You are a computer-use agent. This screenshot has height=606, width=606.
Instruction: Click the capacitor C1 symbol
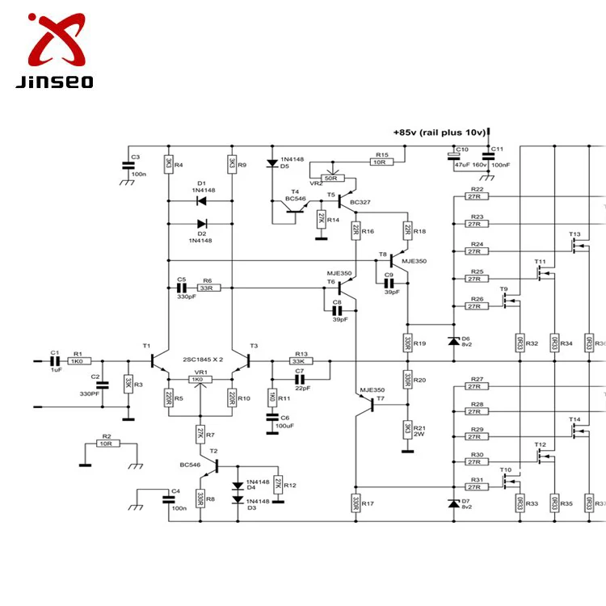55,361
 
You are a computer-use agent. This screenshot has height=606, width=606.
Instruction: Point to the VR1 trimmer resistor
197,379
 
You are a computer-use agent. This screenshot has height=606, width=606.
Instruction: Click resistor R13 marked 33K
301,361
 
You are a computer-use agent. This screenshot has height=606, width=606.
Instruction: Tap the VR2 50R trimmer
330,178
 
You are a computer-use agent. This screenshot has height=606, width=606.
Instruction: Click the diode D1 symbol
201,200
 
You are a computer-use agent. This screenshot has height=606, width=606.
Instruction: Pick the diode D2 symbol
201,224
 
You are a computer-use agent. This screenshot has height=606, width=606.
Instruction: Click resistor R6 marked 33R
207,288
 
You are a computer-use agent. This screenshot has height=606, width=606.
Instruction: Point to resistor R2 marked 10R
107,444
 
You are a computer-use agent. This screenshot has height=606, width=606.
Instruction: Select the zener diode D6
452,339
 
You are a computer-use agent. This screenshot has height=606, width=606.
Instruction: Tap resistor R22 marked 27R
475,196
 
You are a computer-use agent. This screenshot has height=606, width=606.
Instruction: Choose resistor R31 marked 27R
475,487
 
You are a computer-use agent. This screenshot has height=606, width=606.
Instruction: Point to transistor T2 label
213,450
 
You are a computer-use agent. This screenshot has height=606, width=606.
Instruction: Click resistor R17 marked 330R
354,503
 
